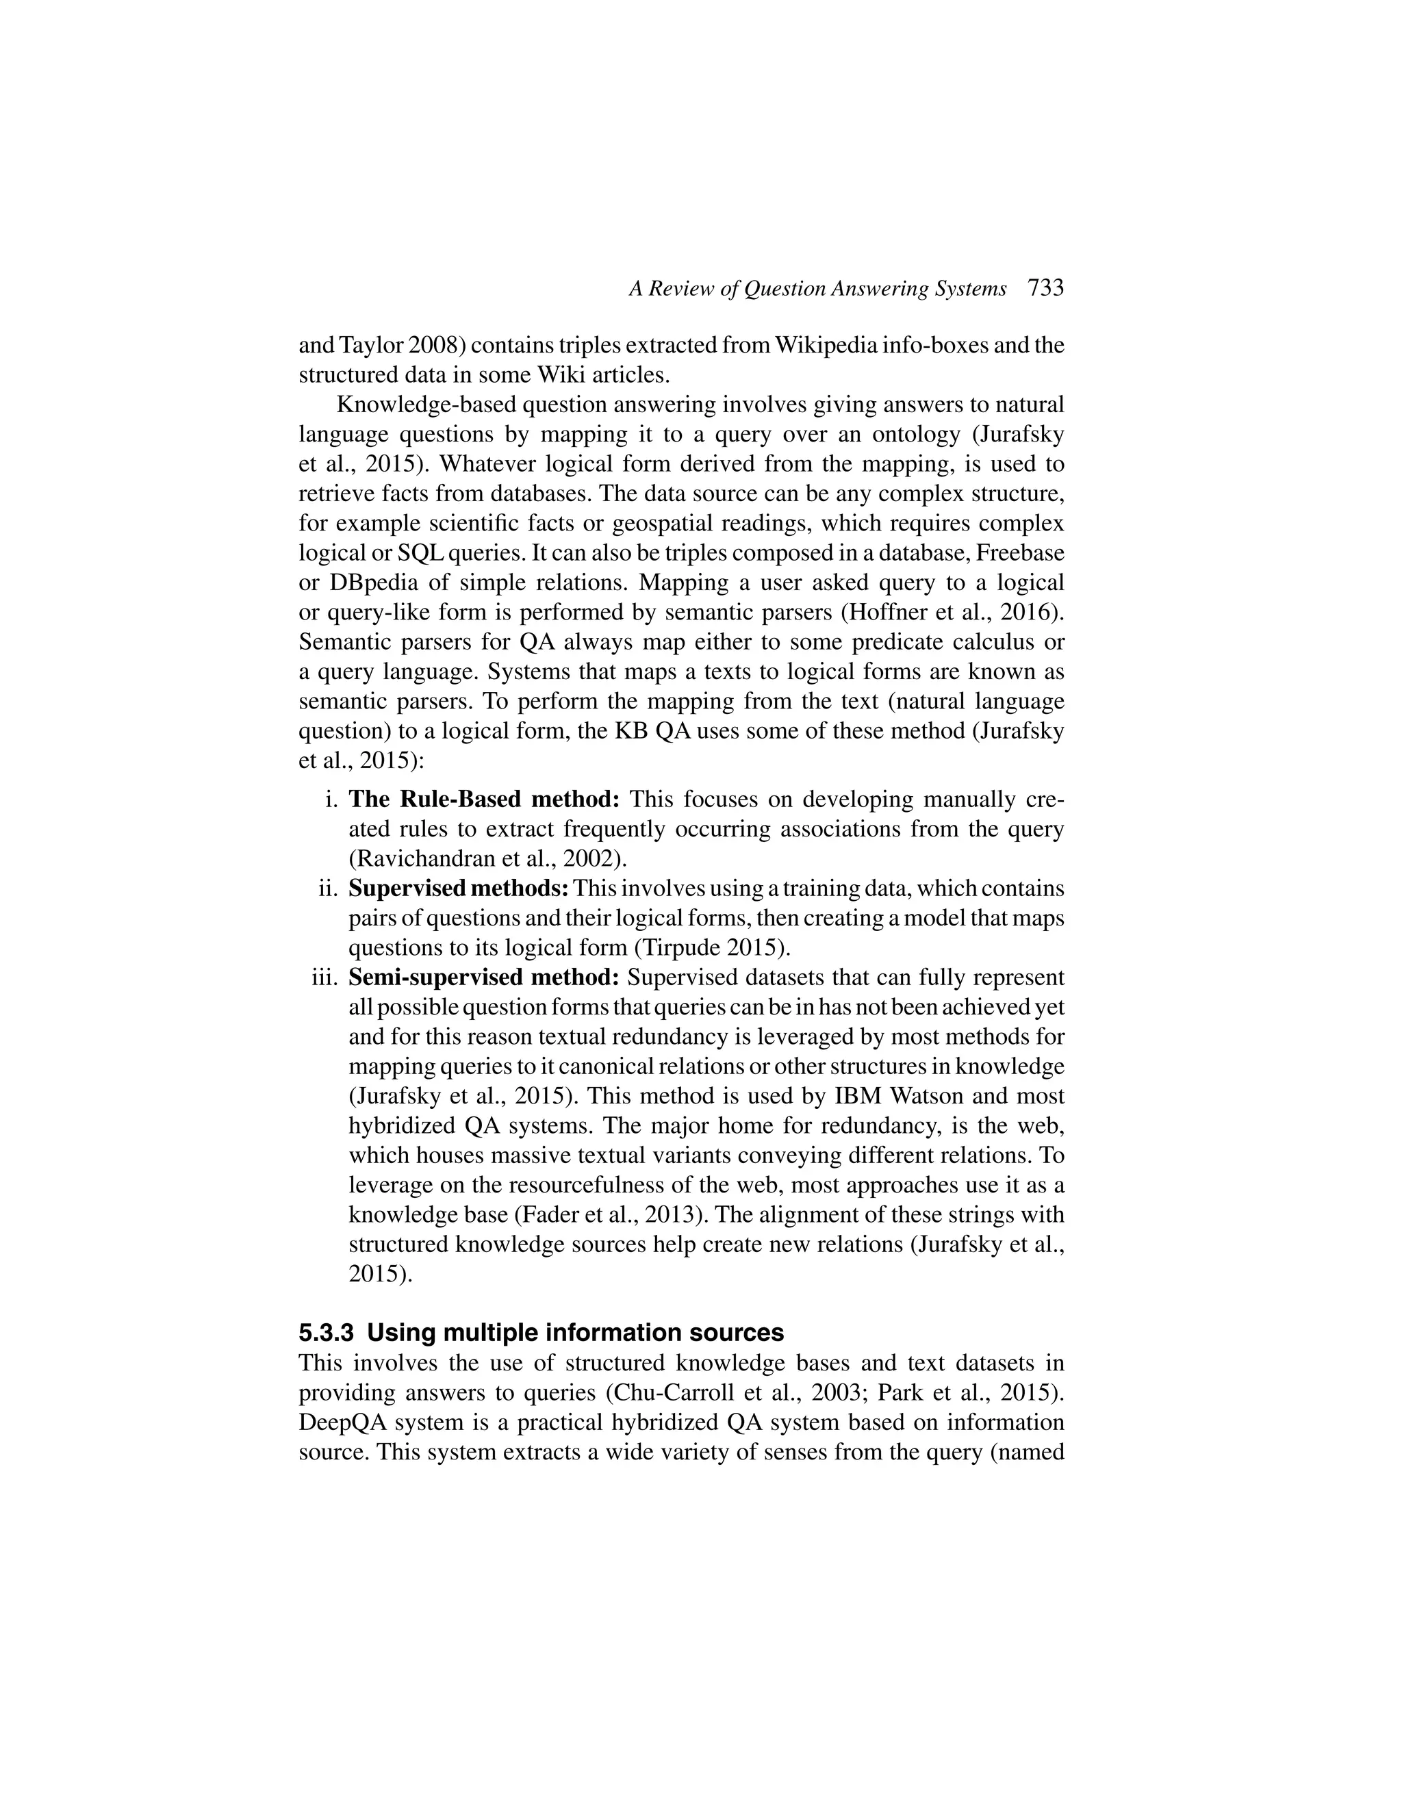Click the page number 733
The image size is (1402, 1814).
[x=1046, y=288]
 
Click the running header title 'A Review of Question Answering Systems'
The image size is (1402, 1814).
[x=817, y=289]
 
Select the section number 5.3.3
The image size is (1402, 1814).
[x=327, y=1333]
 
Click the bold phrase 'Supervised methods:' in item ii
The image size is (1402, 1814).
[x=459, y=889]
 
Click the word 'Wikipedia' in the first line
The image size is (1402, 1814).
[x=825, y=346]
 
